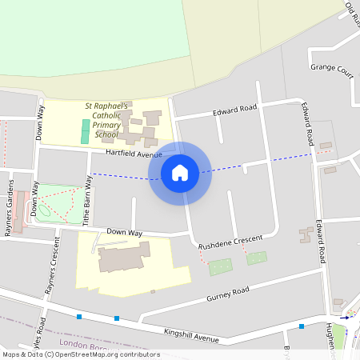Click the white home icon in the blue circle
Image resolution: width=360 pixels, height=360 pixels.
180,173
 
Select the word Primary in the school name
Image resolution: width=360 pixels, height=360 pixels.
106,125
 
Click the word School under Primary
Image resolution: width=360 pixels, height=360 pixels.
106,134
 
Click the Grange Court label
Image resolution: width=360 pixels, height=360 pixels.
331,70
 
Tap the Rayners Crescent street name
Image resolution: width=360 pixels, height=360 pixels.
51,265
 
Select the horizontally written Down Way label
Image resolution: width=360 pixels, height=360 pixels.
124,232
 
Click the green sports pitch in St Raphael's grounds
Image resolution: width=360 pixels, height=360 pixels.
85,131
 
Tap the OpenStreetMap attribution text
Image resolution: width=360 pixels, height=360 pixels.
80,354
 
